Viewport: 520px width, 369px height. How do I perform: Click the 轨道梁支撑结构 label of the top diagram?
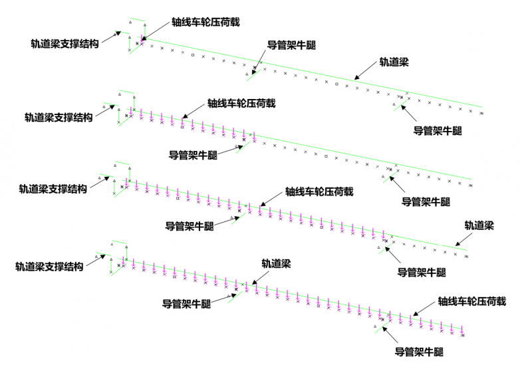click(x=65, y=44)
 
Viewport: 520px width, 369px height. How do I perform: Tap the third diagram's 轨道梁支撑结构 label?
click(x=53, y=189)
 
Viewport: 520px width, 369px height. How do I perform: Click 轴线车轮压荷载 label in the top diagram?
click(x=205, y=21)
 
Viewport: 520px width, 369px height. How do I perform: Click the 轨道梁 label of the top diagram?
click(x=394, y=62)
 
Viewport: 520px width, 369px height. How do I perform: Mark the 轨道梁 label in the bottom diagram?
click(x=275, y=263)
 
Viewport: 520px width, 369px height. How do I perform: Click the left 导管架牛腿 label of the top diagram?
click(x=291, y=46)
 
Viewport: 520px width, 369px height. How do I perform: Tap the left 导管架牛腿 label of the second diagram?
click(x=194, y=155)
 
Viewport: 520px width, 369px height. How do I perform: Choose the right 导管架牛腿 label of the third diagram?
click(x=423, y=273)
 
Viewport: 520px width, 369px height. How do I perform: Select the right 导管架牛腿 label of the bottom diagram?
click(x=419, y=352)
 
